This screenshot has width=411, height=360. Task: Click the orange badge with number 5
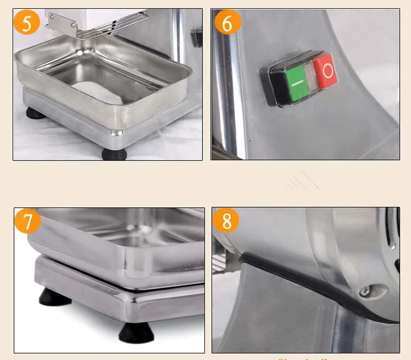27,22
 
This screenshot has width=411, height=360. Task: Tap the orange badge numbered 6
228,22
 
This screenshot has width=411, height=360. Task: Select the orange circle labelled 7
28,221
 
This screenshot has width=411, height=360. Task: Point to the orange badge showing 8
226,220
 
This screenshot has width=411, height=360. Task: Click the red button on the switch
325,71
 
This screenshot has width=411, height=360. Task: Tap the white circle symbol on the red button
328,71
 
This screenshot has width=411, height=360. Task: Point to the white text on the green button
297,84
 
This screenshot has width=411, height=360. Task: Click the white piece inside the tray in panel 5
98,92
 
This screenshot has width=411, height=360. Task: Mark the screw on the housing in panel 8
365,291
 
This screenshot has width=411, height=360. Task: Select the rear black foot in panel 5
35,113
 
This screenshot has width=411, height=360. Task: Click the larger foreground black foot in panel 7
136,333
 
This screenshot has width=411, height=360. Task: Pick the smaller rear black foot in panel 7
54,297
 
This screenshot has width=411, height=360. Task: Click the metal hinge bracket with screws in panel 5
62,24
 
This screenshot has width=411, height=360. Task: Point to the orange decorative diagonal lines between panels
302,181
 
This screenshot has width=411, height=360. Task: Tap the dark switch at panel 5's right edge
197,38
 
